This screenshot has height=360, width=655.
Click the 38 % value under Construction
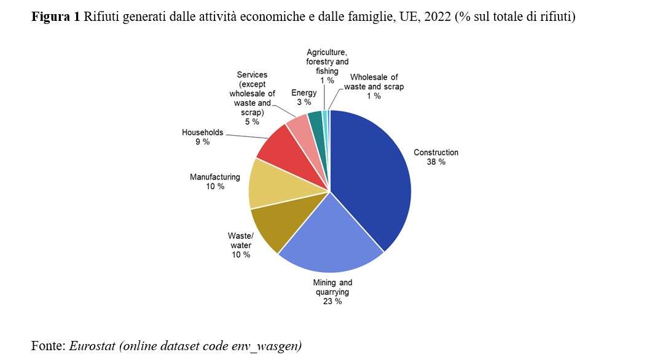[x=436, y=162]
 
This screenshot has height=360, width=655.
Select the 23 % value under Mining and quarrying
[x=332, y=302]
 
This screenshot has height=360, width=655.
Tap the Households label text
[x=203, y=132]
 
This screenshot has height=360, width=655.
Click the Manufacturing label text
[x=215, y=177]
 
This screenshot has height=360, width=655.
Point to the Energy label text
[x=304, y=93]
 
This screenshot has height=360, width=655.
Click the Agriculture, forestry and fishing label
[x=327, y=62]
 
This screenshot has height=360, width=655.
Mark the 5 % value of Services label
[x=252, y=122]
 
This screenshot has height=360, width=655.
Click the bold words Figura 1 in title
[x=56, y=17]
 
